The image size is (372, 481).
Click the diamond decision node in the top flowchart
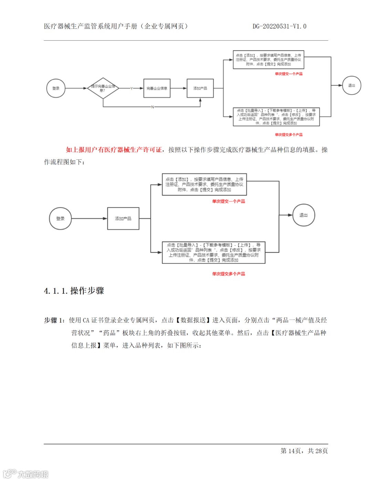point(103,88)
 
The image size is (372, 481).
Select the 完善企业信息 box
point(157,88)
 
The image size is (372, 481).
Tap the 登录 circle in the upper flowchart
point(56,88)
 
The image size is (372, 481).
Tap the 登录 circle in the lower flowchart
point(60,218)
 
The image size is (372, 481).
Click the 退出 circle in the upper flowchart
point(351,85)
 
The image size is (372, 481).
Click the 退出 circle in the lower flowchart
point(303,215)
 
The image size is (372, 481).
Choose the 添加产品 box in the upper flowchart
point(200,88)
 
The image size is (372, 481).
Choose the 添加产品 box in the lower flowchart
point(123,218)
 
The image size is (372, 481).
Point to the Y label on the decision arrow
point(132,88)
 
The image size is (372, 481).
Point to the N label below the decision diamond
point(152,107)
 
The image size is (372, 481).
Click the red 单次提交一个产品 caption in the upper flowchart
point(289,74)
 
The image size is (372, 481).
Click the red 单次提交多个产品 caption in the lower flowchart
point(228,274)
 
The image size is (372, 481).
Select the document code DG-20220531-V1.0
point(279,26)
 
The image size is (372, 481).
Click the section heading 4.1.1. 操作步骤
point(74,291)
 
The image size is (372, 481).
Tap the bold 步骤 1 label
point(54,320)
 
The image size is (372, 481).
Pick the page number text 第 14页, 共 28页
point(304,451)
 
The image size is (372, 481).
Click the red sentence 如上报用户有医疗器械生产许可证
point(114,149)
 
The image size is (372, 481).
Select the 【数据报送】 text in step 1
point(193,320)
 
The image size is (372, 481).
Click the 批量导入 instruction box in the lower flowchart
point(214,252)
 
